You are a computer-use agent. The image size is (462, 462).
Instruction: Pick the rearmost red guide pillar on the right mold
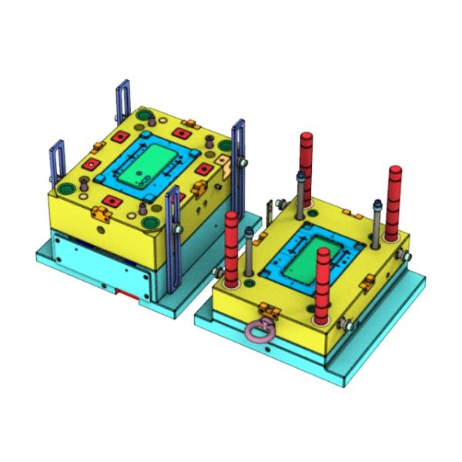(x=306, y=166)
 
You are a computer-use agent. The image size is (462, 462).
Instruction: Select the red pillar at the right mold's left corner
(x=232, y=246)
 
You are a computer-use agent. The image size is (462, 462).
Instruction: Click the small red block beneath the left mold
(x=123, y=293)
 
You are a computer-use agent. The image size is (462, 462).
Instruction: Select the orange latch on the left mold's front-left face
(x=101, y=211)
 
